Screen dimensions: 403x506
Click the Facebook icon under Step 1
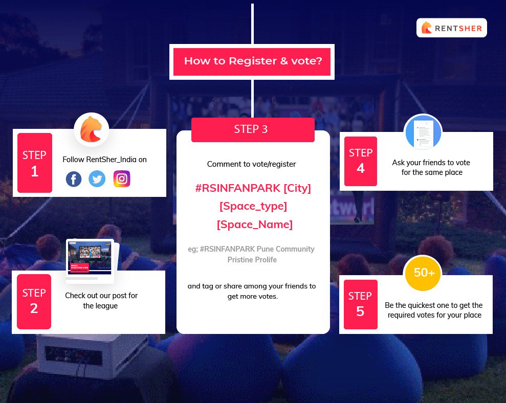click(74, 179)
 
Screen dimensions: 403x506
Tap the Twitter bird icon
click(97, 179)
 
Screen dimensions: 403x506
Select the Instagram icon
click(122, 178)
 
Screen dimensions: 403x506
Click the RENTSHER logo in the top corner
click(452, 28)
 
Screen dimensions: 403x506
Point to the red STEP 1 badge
click(35, 163)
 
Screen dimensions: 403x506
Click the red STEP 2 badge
click(34, 301)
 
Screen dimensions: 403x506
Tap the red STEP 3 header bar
click(253, 129)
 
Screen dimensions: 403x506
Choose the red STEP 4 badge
click(361, 161)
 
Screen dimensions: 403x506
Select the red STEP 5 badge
click(360, 304)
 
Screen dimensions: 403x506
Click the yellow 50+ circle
click(424, 273)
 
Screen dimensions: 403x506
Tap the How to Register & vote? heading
click(253, 61)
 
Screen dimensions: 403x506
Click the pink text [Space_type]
click(253, 206)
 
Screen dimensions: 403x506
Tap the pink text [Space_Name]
click(254, 225)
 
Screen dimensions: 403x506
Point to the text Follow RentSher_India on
click(104, 160)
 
